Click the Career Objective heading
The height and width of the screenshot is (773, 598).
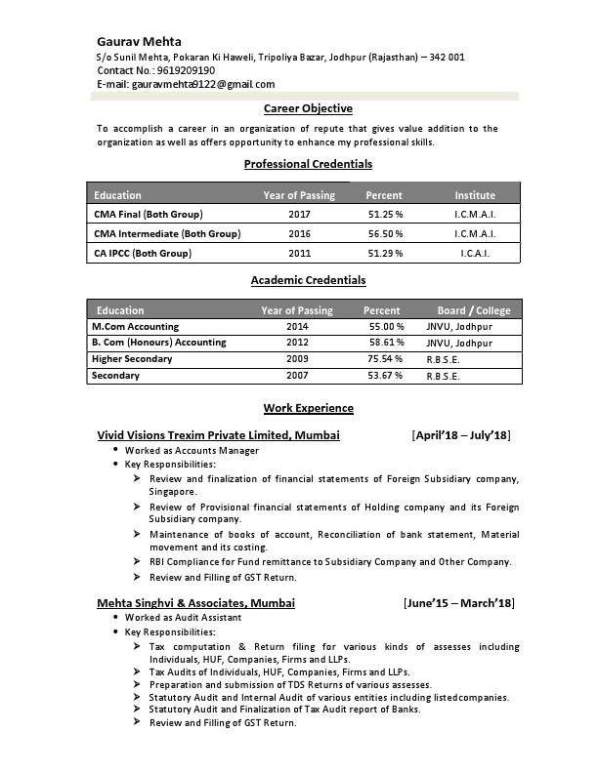point(308,108)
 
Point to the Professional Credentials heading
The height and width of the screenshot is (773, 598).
point(308,164)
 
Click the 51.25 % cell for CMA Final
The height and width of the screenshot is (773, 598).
point(385,214)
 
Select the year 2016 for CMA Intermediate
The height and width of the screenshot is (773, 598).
point(299,234)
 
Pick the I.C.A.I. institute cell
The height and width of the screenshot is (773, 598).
point(475,254)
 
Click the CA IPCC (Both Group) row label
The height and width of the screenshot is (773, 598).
point(143,254)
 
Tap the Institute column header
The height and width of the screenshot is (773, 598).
point(475,195)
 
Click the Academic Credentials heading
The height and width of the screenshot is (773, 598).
point(308,280)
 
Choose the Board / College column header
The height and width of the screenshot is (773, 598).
point(474,310)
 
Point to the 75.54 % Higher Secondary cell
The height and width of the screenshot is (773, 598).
point(385,359)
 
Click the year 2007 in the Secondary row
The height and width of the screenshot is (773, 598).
point(297,376)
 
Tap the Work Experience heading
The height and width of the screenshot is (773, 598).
point(308,408)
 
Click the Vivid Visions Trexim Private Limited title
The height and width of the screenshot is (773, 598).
point(219,434)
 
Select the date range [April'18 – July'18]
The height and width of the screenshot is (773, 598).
point(461,434)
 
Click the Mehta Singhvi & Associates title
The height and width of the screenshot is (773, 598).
point(195,603)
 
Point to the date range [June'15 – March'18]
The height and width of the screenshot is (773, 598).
point(458,603)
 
